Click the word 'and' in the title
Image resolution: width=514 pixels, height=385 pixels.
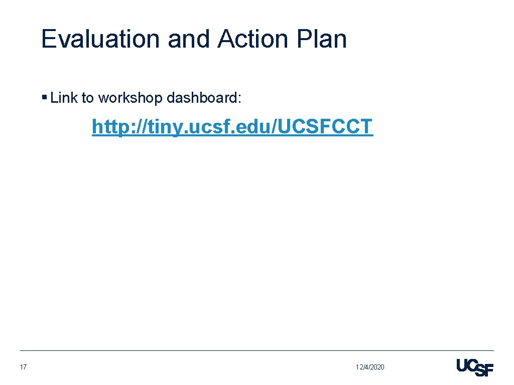[189, 39]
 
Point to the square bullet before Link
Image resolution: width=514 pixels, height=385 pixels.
[45, 97]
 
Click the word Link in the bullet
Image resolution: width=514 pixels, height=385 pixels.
[64, 98]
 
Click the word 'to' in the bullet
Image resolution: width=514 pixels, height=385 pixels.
[88, 98]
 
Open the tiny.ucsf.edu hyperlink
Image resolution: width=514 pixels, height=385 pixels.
[232, 127]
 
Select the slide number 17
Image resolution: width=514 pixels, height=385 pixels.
[23, 367]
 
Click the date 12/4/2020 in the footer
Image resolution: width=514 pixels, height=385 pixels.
[370, 367]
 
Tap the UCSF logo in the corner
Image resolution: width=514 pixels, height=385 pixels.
[475, 367]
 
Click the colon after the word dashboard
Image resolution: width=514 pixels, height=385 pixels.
[239, 99]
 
